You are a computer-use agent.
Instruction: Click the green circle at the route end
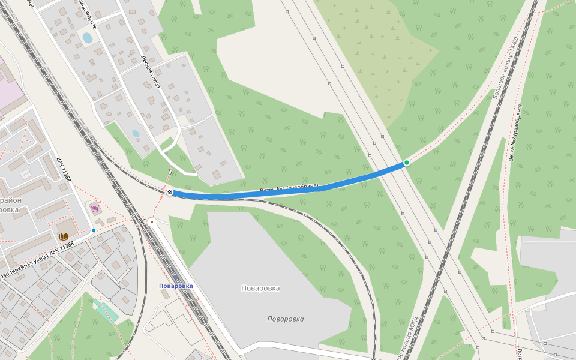tap(406, 163)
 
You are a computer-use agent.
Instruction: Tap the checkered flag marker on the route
tap(170, 192)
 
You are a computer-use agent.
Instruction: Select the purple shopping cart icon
tap(95, 208)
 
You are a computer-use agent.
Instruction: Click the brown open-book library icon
tap(64, 237)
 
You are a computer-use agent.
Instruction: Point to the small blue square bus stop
tap(94, 230)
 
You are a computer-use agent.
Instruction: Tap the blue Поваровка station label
tap(176, 286)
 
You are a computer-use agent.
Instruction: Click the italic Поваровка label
tap(286, 319)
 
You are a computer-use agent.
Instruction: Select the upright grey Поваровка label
tap(260, 288)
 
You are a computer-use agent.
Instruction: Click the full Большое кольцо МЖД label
tap(505, 66)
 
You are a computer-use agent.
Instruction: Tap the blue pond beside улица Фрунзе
tap(87, 38)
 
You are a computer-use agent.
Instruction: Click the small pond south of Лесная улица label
tap(136, 133)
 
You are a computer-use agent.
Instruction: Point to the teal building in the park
tap(106, 311)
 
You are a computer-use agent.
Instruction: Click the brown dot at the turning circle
tap(151, 221)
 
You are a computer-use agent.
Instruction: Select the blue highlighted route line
tap(336, 182)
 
